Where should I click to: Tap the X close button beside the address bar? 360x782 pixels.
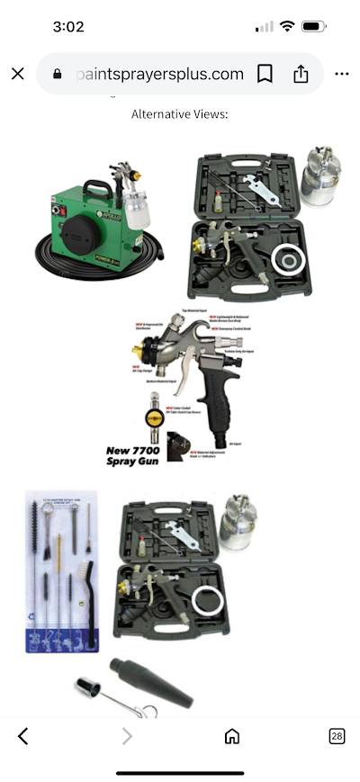click(18, 74)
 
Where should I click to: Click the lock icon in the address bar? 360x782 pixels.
click(59, 74)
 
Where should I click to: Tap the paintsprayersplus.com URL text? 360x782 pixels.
click(160, 74)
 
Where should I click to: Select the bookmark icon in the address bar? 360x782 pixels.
click(265, 74)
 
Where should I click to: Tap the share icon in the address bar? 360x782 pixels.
click(301, 74)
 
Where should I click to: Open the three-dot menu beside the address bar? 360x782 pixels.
click(342, 74)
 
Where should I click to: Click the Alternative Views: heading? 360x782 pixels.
click(180, 114)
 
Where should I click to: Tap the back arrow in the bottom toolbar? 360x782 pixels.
click(23, 736)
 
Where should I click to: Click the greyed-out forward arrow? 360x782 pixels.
click(127, 736)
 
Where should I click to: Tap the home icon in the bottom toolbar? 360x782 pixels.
click(232, 736)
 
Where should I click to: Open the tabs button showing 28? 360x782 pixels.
click(337, 736)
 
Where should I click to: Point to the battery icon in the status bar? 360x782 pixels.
click(314, 27)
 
